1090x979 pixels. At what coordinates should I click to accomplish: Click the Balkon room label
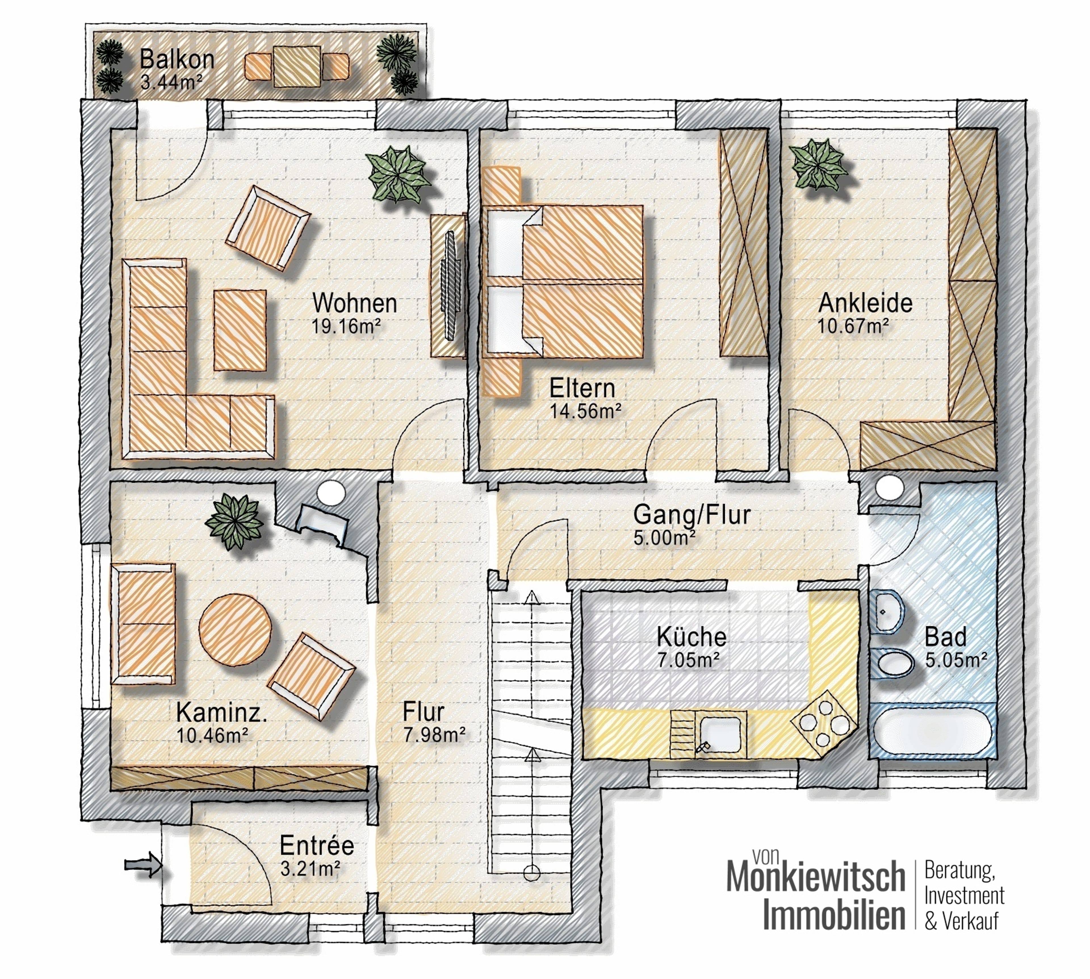177,59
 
